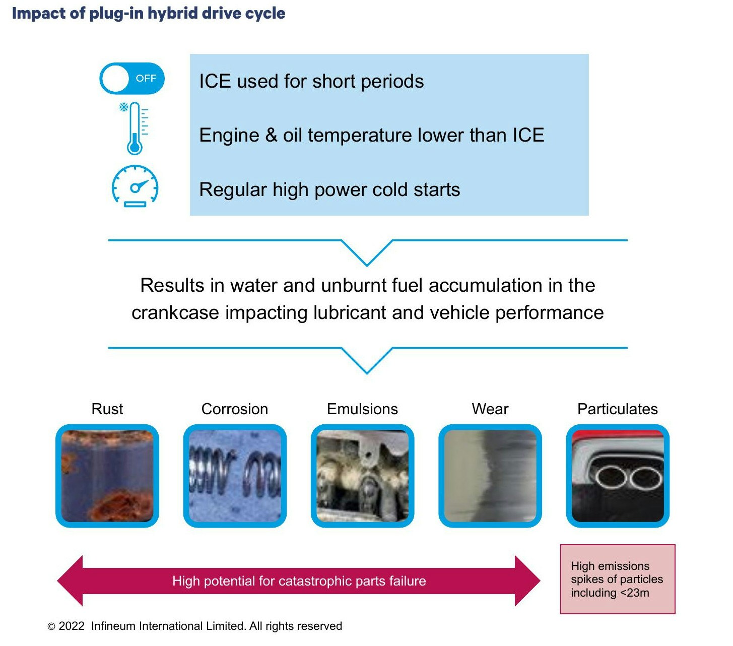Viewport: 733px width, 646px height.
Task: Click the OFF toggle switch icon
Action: pyautogui.click(x=132, y=79)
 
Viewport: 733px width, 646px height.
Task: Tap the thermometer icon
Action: pyautogui.click(x=135, y=128)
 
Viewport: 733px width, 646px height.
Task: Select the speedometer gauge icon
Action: pyautogui.click(x=135, y=186)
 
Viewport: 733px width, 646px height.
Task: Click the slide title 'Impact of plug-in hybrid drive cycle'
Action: pyautogui.click(x=149, y=14)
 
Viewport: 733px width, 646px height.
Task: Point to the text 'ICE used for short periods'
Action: pyautogui.click(x=311, y=82)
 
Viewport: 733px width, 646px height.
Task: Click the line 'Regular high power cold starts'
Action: pyautogui.click(x=329, y=190)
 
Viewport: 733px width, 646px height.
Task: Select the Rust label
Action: pyautogui.click(x=107, y=409)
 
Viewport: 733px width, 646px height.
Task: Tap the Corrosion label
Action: pyautogui.click(x=235, y=409)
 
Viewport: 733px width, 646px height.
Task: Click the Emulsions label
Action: pyautogui.click(x=362, y=409)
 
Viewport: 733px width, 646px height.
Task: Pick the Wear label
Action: pyautogui.click(x=490, y=409)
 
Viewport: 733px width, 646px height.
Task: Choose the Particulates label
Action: pyautogui.click(x=618, y=409)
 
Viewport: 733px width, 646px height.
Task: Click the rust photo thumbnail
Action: pyautogui.click(x=107, y=476)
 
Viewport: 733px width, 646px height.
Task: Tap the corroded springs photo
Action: pyautogui.click(x=235, y=476)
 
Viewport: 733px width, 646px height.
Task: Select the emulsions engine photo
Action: pyautogui.click(x=362, y=476)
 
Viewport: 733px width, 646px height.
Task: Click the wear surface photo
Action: pyautogui.click(x=490, y=476)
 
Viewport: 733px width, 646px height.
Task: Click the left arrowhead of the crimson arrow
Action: pyautogui.click(x=71, y=581)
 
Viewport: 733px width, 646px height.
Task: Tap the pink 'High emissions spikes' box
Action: pyautogui.click(x=618, y=579)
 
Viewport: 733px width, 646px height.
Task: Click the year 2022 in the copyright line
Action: pyautogui.click(x=72, y=626)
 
